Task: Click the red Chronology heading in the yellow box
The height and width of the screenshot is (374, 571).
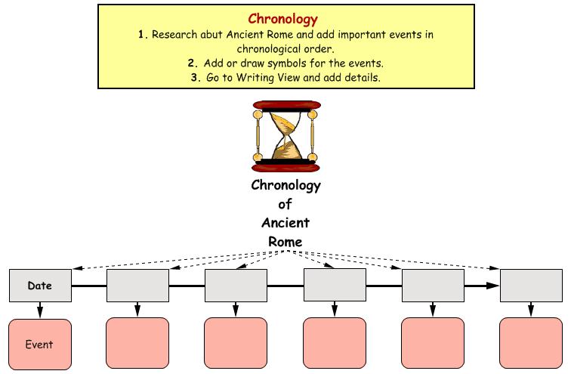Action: [283, 19]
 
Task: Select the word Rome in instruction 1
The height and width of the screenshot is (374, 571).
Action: [280, 35]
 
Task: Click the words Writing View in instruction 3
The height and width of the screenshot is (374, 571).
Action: [268, 78]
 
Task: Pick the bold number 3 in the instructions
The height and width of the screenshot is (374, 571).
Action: [195, 78]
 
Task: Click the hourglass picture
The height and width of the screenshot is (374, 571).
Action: [285, 136]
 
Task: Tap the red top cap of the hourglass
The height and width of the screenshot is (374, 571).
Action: [287, 105]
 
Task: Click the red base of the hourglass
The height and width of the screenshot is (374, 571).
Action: [285, 168]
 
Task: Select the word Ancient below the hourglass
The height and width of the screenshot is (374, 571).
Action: [285, 222]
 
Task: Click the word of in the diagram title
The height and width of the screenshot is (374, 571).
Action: [285, 204]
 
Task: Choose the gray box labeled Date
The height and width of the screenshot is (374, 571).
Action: [41, 286]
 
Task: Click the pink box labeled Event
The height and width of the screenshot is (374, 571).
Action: [40, 345]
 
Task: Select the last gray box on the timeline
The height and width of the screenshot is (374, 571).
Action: [531, 286]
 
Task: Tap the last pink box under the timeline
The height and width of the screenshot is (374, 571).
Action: [531, 343]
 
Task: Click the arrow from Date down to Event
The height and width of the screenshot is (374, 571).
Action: [40, 311]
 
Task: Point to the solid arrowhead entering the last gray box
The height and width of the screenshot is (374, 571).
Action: [493, 286]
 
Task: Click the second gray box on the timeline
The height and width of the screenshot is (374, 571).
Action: [137, 286]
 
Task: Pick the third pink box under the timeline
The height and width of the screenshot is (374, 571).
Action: [236, 343]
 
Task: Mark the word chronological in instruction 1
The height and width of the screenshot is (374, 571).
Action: [267, 49]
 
